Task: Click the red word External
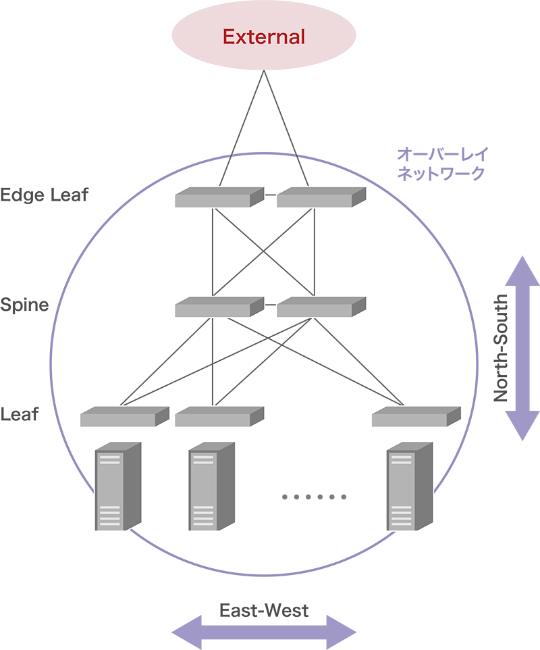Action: [x=265, y=36]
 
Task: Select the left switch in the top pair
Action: [x=218, y=198]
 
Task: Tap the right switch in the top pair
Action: [x=321, y=198]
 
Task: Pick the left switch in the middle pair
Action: [x=218, y=307]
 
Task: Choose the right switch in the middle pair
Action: [x=321, y=307]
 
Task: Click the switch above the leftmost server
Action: [x=124, y=417]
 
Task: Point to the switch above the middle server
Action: [x=218, y=417]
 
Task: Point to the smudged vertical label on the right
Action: [x=497, y=348]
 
